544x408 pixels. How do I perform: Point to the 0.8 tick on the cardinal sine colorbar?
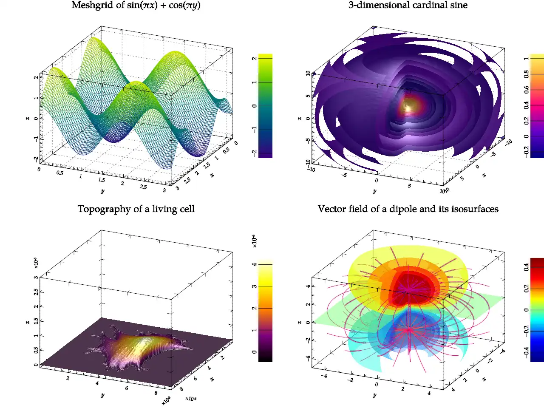click(527, 74)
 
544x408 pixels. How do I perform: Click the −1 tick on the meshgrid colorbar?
click(254, 130)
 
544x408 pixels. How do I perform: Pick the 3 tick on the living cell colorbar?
click(254, 286)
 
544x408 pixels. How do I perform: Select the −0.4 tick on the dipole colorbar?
click(527, 352)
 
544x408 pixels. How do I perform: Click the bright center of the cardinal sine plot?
click(407, 106)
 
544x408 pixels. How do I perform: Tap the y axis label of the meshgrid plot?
click(102, 191)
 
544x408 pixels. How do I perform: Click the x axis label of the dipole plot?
click(484, 379)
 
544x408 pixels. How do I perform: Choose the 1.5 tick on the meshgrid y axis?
click(102, 180)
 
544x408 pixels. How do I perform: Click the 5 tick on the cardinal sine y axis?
click(409, 186)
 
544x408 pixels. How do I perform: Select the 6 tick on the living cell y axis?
click(127, 388)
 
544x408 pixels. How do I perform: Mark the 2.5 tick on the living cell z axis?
click(36, 292)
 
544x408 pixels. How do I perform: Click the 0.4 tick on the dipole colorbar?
click(527, 267)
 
